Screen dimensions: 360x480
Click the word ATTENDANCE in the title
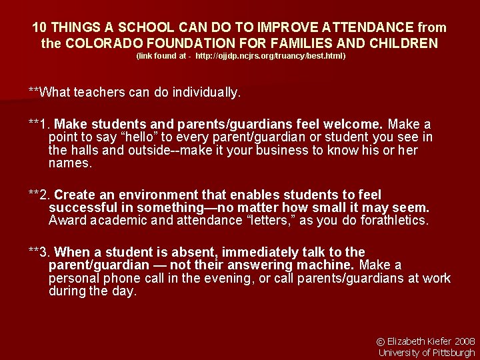359,28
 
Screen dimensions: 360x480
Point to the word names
70,163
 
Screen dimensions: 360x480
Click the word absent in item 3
190,252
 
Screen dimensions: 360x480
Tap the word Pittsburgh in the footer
453,353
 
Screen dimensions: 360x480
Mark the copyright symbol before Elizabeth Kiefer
381,341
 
